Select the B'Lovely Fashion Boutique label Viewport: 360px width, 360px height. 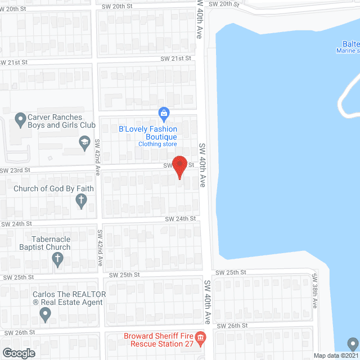click(148, 133)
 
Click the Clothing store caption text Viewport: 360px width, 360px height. click(157, 145)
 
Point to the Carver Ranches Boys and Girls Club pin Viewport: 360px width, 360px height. click(20, 119)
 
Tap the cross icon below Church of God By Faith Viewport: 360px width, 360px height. click(82, 200)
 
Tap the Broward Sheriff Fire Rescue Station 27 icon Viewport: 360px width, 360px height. click(201, 337)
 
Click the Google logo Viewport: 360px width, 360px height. click(19, 353)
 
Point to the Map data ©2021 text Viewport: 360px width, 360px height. click(336, 355)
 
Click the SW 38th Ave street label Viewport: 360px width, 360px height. click(314, 295)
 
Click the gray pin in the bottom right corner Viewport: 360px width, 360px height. click(352, 343)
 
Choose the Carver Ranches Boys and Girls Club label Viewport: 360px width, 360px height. click(59, 122)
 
